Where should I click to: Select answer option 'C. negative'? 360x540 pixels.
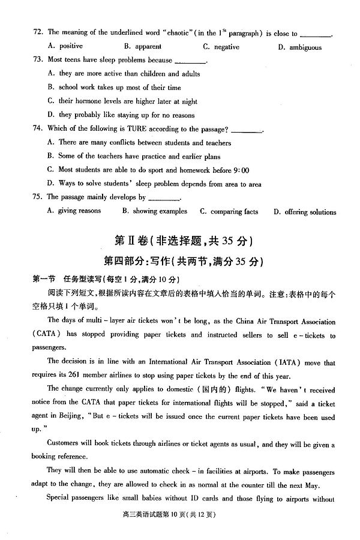(221, 47)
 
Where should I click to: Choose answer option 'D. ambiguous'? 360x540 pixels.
(299, 47)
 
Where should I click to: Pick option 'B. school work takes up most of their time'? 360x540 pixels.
(113, 88)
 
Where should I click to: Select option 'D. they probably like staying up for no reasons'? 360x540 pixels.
(120, 115)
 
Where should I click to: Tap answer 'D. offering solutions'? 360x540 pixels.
(304, 212)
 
